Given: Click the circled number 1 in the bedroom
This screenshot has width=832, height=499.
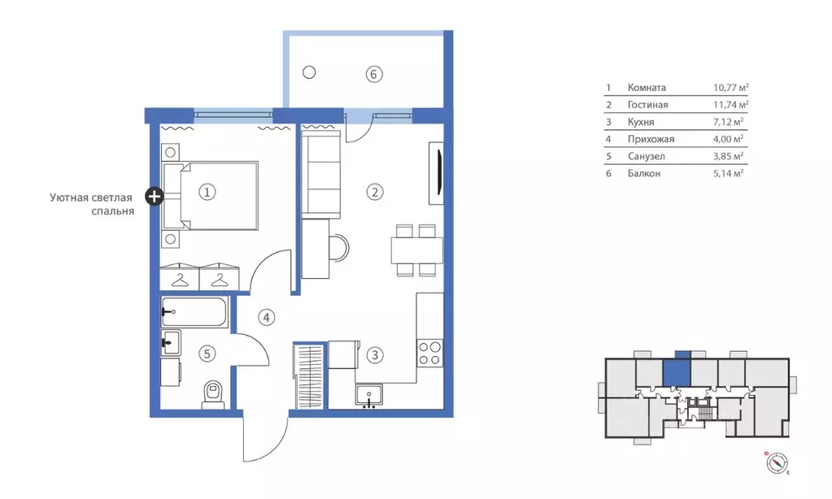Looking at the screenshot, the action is tap(207, 192).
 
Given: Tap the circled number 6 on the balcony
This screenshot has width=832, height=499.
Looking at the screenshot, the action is tap(373, 74).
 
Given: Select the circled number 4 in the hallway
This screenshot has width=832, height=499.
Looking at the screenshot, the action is tap(267, 318).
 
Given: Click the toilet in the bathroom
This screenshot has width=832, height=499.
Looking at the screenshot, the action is tap(213, 395).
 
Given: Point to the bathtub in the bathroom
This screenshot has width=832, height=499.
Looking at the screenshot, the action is tap(194, 312).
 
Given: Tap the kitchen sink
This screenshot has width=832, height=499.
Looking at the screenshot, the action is tap(368, 396).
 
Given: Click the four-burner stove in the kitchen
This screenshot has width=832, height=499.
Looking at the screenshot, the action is tap(429, 354).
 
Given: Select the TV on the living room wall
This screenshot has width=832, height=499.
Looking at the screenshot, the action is tap(438, 173).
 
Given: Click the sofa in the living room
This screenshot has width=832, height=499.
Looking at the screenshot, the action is tap(321, 175).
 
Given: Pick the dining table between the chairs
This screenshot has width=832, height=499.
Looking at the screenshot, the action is tap(417, 250).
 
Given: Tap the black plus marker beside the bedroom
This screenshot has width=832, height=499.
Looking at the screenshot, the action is tap(155, 197).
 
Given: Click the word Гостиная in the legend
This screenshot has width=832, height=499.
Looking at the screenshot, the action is tap(647, 105).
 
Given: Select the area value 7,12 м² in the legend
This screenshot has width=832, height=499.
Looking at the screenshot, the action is tap(728, 121).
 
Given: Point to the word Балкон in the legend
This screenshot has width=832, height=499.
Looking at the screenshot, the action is tap(643, 173).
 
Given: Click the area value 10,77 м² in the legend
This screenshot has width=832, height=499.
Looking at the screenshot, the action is tap(730, 88).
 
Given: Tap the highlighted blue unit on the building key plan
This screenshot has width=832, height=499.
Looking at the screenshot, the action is tap(677, 370).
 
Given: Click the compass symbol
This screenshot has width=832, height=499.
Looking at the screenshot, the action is tap(778, 463).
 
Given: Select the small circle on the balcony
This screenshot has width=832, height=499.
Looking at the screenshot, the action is tap(309, 72).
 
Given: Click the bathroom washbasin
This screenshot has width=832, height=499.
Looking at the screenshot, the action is tap(171, 343).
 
